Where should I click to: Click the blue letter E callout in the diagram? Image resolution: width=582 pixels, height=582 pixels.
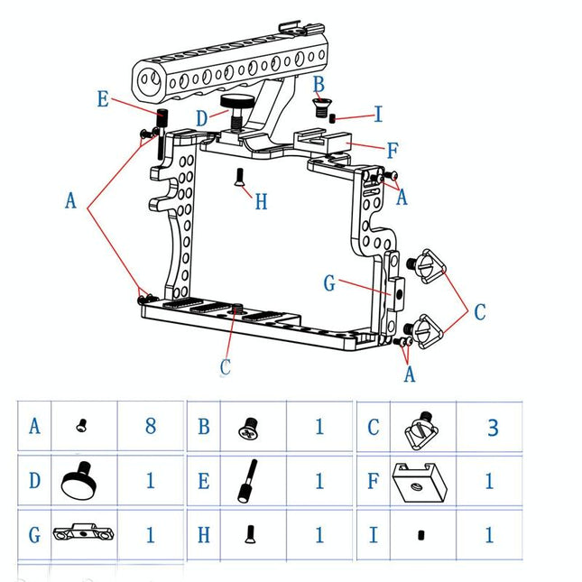click(x=103, y=99)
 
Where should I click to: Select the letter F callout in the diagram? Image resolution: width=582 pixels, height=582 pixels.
click(x=393, y=151)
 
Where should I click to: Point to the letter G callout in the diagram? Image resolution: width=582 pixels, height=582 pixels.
click(x=329, y=284)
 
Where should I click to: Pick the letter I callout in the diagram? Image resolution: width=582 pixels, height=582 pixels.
click(x=378, y=115)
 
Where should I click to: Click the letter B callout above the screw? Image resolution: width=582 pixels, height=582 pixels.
click(x=318, y=83)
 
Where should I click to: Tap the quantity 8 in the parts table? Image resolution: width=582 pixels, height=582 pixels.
click(x=151, y=426)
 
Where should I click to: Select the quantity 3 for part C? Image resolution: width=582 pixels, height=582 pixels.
click(x=493, y=427)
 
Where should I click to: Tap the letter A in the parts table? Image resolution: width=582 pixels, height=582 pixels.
click(x=35, y=426)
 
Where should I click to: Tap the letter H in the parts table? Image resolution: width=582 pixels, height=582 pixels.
click(x=204, y=534)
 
